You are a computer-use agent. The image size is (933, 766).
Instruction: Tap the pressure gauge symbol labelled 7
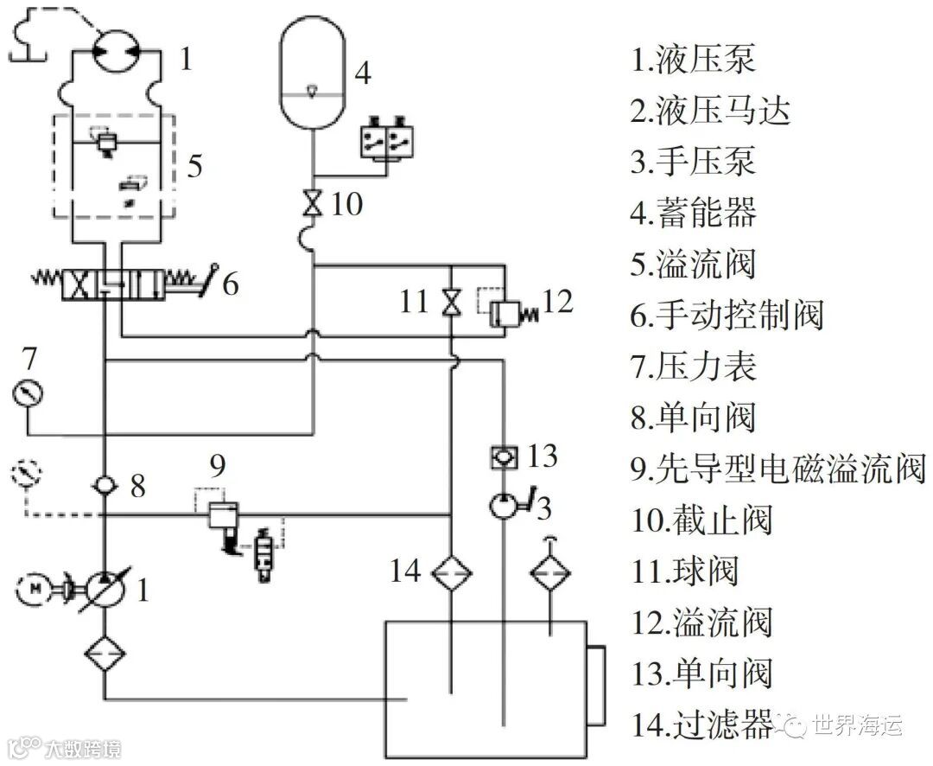pyautogui.click(x=28, y=394)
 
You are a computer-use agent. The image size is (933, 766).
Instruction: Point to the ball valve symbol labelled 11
pyautogui.click(x=451, y=303)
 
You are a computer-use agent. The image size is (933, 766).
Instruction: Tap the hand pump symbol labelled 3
pyautogui.click(x=503, y=505)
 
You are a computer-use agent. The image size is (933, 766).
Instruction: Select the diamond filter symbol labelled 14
pyautogui.click(x=451, y=572)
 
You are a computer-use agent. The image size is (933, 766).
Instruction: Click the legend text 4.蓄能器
pyautogui.click(x=694, y=212)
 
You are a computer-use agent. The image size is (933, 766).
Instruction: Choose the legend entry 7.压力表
pyautogui.click(x=694, y=366)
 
